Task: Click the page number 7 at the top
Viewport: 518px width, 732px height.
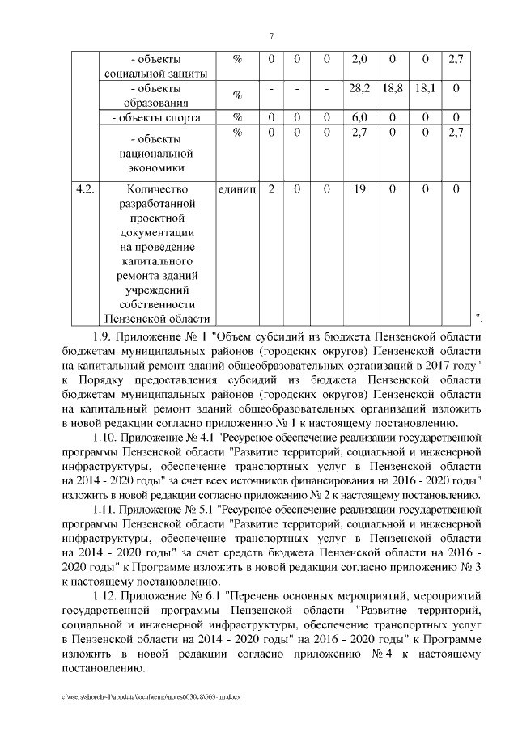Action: click(271, 35)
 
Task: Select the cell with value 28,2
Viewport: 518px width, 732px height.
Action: click(361, 87)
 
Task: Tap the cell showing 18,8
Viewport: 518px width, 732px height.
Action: click(393, 87)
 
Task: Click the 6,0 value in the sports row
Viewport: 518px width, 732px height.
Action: click(361, 118)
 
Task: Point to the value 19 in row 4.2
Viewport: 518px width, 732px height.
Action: click(361, 188)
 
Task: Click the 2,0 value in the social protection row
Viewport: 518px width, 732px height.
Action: click(361, 60)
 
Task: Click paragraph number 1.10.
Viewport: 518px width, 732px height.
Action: click(105, 437)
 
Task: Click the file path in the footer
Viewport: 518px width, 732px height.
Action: click(151, 696)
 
